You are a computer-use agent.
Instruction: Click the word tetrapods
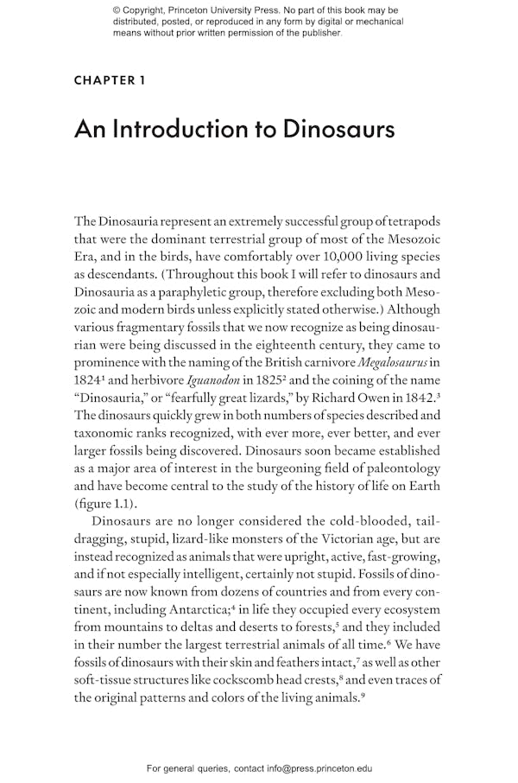click(410, 221)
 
